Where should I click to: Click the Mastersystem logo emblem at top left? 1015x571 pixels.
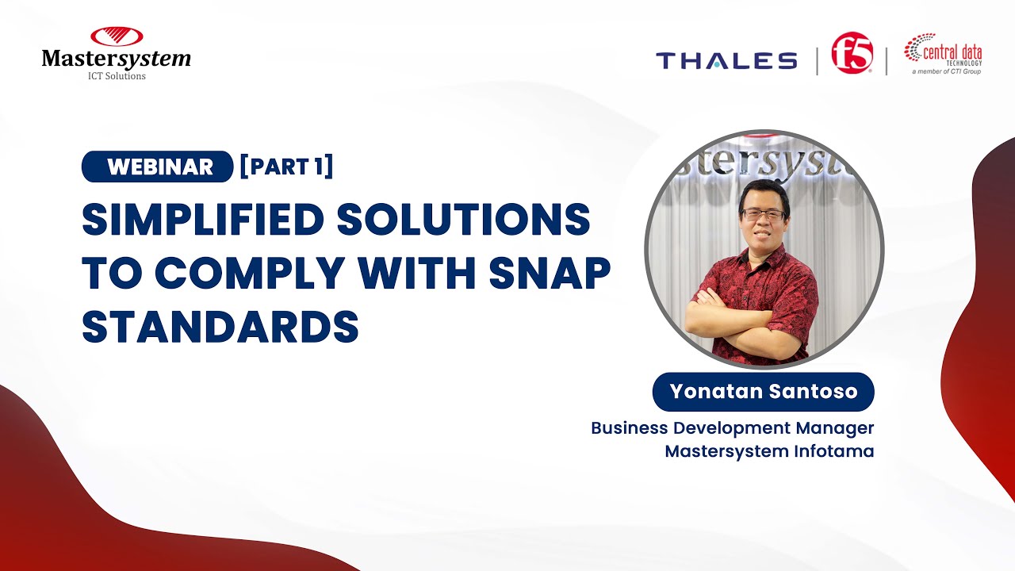[x=116, y=36]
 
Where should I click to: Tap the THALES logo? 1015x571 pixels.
[x=726, y=61]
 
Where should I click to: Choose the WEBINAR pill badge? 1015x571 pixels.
[x=157, y=167]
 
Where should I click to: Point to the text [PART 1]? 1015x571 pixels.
[x=286, y=167]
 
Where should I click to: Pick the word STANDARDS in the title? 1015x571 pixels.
[x=220, y=327]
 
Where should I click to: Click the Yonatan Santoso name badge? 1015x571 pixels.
[x=763, y=392]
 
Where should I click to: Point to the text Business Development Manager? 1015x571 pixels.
[x=732, y=428]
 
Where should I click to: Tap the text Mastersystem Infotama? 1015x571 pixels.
[x=769, y=451]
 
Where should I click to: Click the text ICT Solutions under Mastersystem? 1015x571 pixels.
[x=116, y=76]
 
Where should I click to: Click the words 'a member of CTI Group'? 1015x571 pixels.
[x=946, y=71]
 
